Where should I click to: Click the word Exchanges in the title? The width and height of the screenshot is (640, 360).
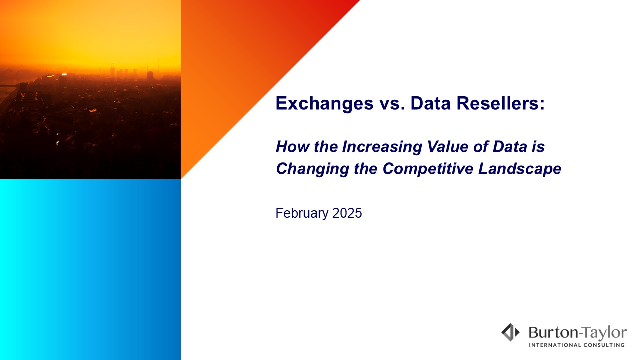324,103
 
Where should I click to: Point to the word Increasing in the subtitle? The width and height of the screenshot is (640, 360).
382,147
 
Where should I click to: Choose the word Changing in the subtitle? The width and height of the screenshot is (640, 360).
313,169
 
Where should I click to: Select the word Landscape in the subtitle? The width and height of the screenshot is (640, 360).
520,169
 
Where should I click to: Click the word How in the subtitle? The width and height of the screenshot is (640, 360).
293,147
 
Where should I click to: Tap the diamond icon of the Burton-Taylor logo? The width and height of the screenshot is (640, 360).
510,332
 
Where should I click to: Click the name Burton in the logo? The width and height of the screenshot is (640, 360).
553,333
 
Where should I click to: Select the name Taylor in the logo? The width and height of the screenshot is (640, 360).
604,333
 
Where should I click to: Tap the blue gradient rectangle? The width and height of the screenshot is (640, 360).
90,269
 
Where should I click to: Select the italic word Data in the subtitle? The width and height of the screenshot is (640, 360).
510,147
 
